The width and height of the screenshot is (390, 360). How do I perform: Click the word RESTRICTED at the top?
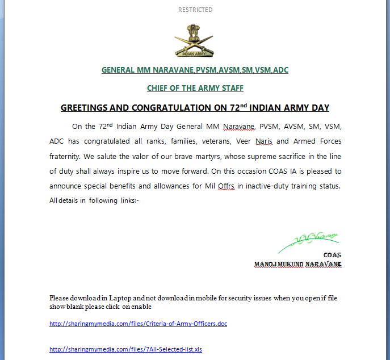click(195, 10)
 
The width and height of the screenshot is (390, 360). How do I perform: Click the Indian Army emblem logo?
click(195, 40)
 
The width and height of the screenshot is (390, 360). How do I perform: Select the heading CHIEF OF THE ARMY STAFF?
click(195, 88)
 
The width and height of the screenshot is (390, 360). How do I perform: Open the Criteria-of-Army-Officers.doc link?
click(138, 324)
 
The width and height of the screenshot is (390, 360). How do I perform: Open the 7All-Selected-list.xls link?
click(125, 349)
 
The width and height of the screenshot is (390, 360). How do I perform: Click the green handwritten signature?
click(309, 241)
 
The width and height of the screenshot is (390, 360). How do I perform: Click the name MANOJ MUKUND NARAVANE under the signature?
click(297, 265)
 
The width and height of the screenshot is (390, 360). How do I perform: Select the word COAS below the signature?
click(332, 255)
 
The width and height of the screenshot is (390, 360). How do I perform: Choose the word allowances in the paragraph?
click(163, 186)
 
